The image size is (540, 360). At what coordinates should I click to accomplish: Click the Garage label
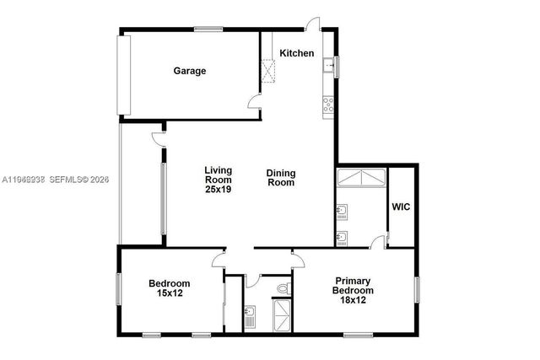(x=190, y=71)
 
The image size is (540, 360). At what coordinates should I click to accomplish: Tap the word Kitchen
(x=297, y=54)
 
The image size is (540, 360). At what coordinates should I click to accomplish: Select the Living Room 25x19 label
(x=218, y=180)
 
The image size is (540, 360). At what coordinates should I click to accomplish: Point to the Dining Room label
(x=281, y=178)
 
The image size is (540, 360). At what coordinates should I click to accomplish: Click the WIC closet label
(x=401, y=207)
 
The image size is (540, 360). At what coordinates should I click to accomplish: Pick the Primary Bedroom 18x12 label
(x=353, y=292)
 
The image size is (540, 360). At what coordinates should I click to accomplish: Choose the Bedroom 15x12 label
(x=170, y=288)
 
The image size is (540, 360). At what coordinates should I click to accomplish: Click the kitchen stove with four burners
(x=327, y=105)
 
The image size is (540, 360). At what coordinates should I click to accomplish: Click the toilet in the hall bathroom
(x=283, y=290)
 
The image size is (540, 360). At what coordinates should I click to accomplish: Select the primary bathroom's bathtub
(x=361, y=179)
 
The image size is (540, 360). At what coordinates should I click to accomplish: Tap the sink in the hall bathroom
(x=250, y=317)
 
